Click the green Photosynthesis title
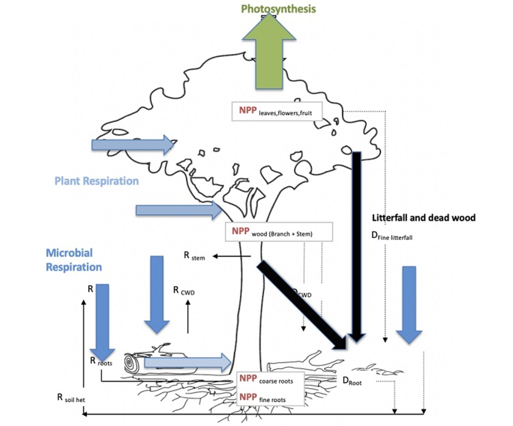(x=278, y=9)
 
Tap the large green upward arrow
(x=269, y=54)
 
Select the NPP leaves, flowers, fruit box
(x=277, y=111)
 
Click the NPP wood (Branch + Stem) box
(x=279, y=232)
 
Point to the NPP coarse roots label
(x=266, y=379)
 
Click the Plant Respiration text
(x=97, y=181)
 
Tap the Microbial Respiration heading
(x=74, y=260)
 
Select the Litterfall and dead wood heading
(x=423, y=218)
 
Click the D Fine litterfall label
(x=392, y=236)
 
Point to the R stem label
(x=194, y=256)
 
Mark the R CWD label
(x=184, y=291)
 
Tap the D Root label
(x=352, y=381)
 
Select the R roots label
(x=101, y=361)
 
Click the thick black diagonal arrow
(x=302, y=305)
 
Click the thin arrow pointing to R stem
(x=232, y=256)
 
